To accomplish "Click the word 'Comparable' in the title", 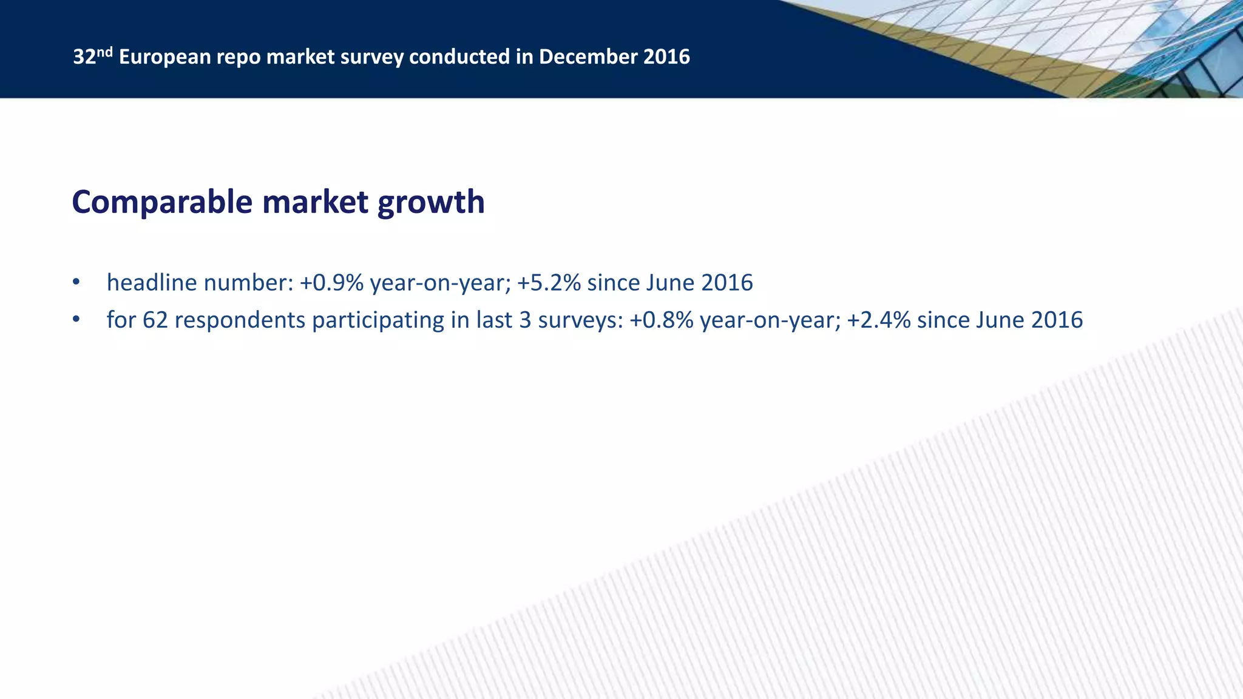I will (x=162, y=203).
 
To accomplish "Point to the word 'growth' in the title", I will (x=431, y=203).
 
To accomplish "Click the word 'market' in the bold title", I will (x=315, y=203).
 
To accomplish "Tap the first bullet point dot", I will (x=76, y=282).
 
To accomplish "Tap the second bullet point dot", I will (x=76, y=320).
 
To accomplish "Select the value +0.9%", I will (x=331, y=283).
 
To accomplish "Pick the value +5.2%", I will (x=549, y=283).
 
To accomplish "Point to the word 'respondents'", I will (x=240, y=320).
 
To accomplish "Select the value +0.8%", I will (x=662, y=320).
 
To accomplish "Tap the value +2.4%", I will (x=878, y=320).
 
